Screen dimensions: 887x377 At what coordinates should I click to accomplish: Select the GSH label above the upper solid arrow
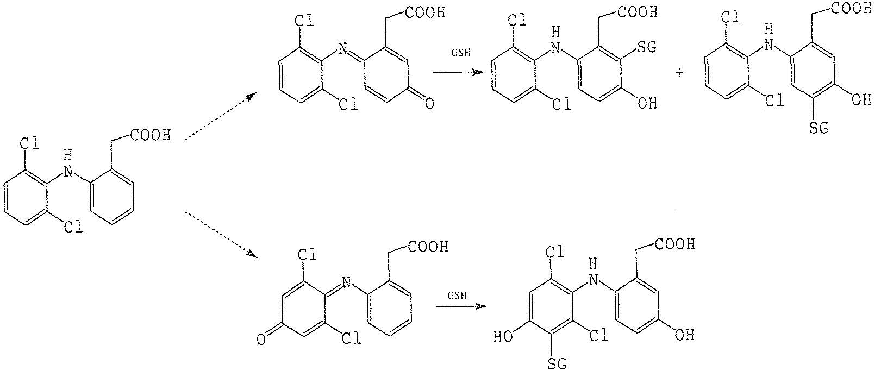[x=460, y=53]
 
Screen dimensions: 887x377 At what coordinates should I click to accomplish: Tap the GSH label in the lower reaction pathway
[x=457, y=296]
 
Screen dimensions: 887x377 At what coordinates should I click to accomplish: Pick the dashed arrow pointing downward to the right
[x=221, y=235]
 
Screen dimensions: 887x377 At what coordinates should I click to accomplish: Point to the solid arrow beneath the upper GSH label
[x=458, y=72]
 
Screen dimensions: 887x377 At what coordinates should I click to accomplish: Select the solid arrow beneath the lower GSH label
[x=461, y=306]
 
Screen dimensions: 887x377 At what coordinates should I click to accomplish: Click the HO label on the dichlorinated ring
[x=503, y=337]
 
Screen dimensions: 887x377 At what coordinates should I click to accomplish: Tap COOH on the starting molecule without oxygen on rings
[x=151, y=135]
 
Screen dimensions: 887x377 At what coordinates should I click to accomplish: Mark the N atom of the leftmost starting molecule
[x=68, y=171]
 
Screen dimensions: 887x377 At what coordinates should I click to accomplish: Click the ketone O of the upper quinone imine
[x=429, y=104]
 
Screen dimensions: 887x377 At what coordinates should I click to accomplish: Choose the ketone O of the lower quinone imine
[x=261, y=340]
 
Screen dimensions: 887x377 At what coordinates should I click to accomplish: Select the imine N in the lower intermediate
[x=347, y=282]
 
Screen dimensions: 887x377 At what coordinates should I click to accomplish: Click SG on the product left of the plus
[x=647, y=47]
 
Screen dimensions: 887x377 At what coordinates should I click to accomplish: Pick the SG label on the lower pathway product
[x=557, y=363]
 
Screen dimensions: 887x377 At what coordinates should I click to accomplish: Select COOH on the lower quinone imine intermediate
[x=428, y=247]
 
